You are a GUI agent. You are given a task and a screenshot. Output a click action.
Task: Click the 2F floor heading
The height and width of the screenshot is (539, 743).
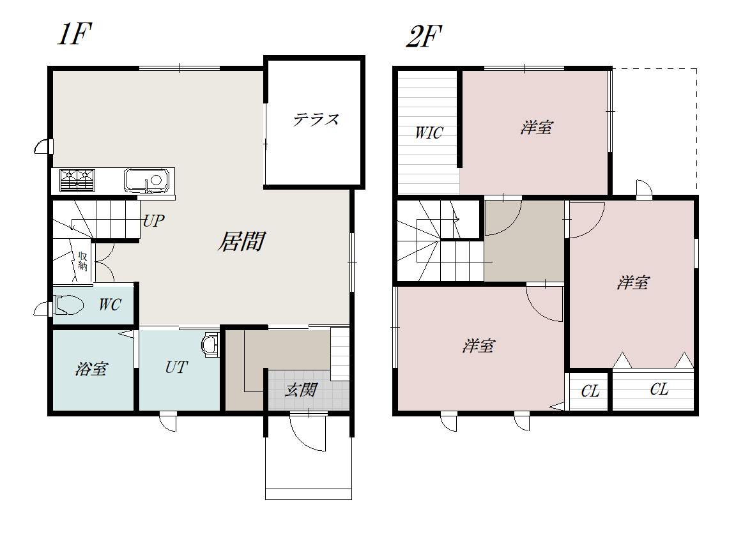[x=424, y=36]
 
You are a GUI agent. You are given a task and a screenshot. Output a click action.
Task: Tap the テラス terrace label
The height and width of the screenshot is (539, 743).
[x=316, y=119]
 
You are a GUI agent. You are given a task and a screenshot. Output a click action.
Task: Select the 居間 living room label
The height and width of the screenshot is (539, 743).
[x=241, y=241]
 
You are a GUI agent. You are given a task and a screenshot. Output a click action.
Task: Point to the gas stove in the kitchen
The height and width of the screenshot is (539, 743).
[x=77, y=180]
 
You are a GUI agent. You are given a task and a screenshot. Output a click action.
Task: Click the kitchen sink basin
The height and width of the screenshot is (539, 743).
[x=146, y=181]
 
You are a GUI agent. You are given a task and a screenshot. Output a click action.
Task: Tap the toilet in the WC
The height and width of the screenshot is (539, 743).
[x=69, y=305]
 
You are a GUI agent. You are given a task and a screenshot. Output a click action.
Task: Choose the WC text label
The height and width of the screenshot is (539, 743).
[x=110, y=305]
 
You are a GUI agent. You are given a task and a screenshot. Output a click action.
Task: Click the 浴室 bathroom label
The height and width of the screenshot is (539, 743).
[x=91, y=368]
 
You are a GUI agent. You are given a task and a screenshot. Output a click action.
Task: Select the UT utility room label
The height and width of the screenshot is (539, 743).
[x=176, y=367]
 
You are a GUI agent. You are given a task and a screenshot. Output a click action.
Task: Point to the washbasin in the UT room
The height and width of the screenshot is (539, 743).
[x=210, y=344]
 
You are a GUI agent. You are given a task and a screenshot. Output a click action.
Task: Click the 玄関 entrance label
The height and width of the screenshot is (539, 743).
[x=301, y=390]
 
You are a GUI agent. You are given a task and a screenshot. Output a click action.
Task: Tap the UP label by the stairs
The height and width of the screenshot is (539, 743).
[x=153, y=221]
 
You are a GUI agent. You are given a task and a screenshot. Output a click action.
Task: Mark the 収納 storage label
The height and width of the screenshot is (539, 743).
[x=83, y=261]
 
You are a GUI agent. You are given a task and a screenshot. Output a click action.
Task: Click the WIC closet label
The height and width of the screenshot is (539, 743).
[x=429, y=133]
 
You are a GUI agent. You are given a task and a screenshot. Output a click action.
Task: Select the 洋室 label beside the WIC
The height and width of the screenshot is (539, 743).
[x=537, y=128]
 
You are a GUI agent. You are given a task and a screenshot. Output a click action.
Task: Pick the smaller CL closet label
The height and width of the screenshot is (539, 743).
[x=590, y=391]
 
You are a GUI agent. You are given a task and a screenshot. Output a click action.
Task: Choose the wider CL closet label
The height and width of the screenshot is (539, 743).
[x=659, y=390]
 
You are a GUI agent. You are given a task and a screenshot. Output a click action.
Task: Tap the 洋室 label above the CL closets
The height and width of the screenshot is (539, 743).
[x=633, y=283]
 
